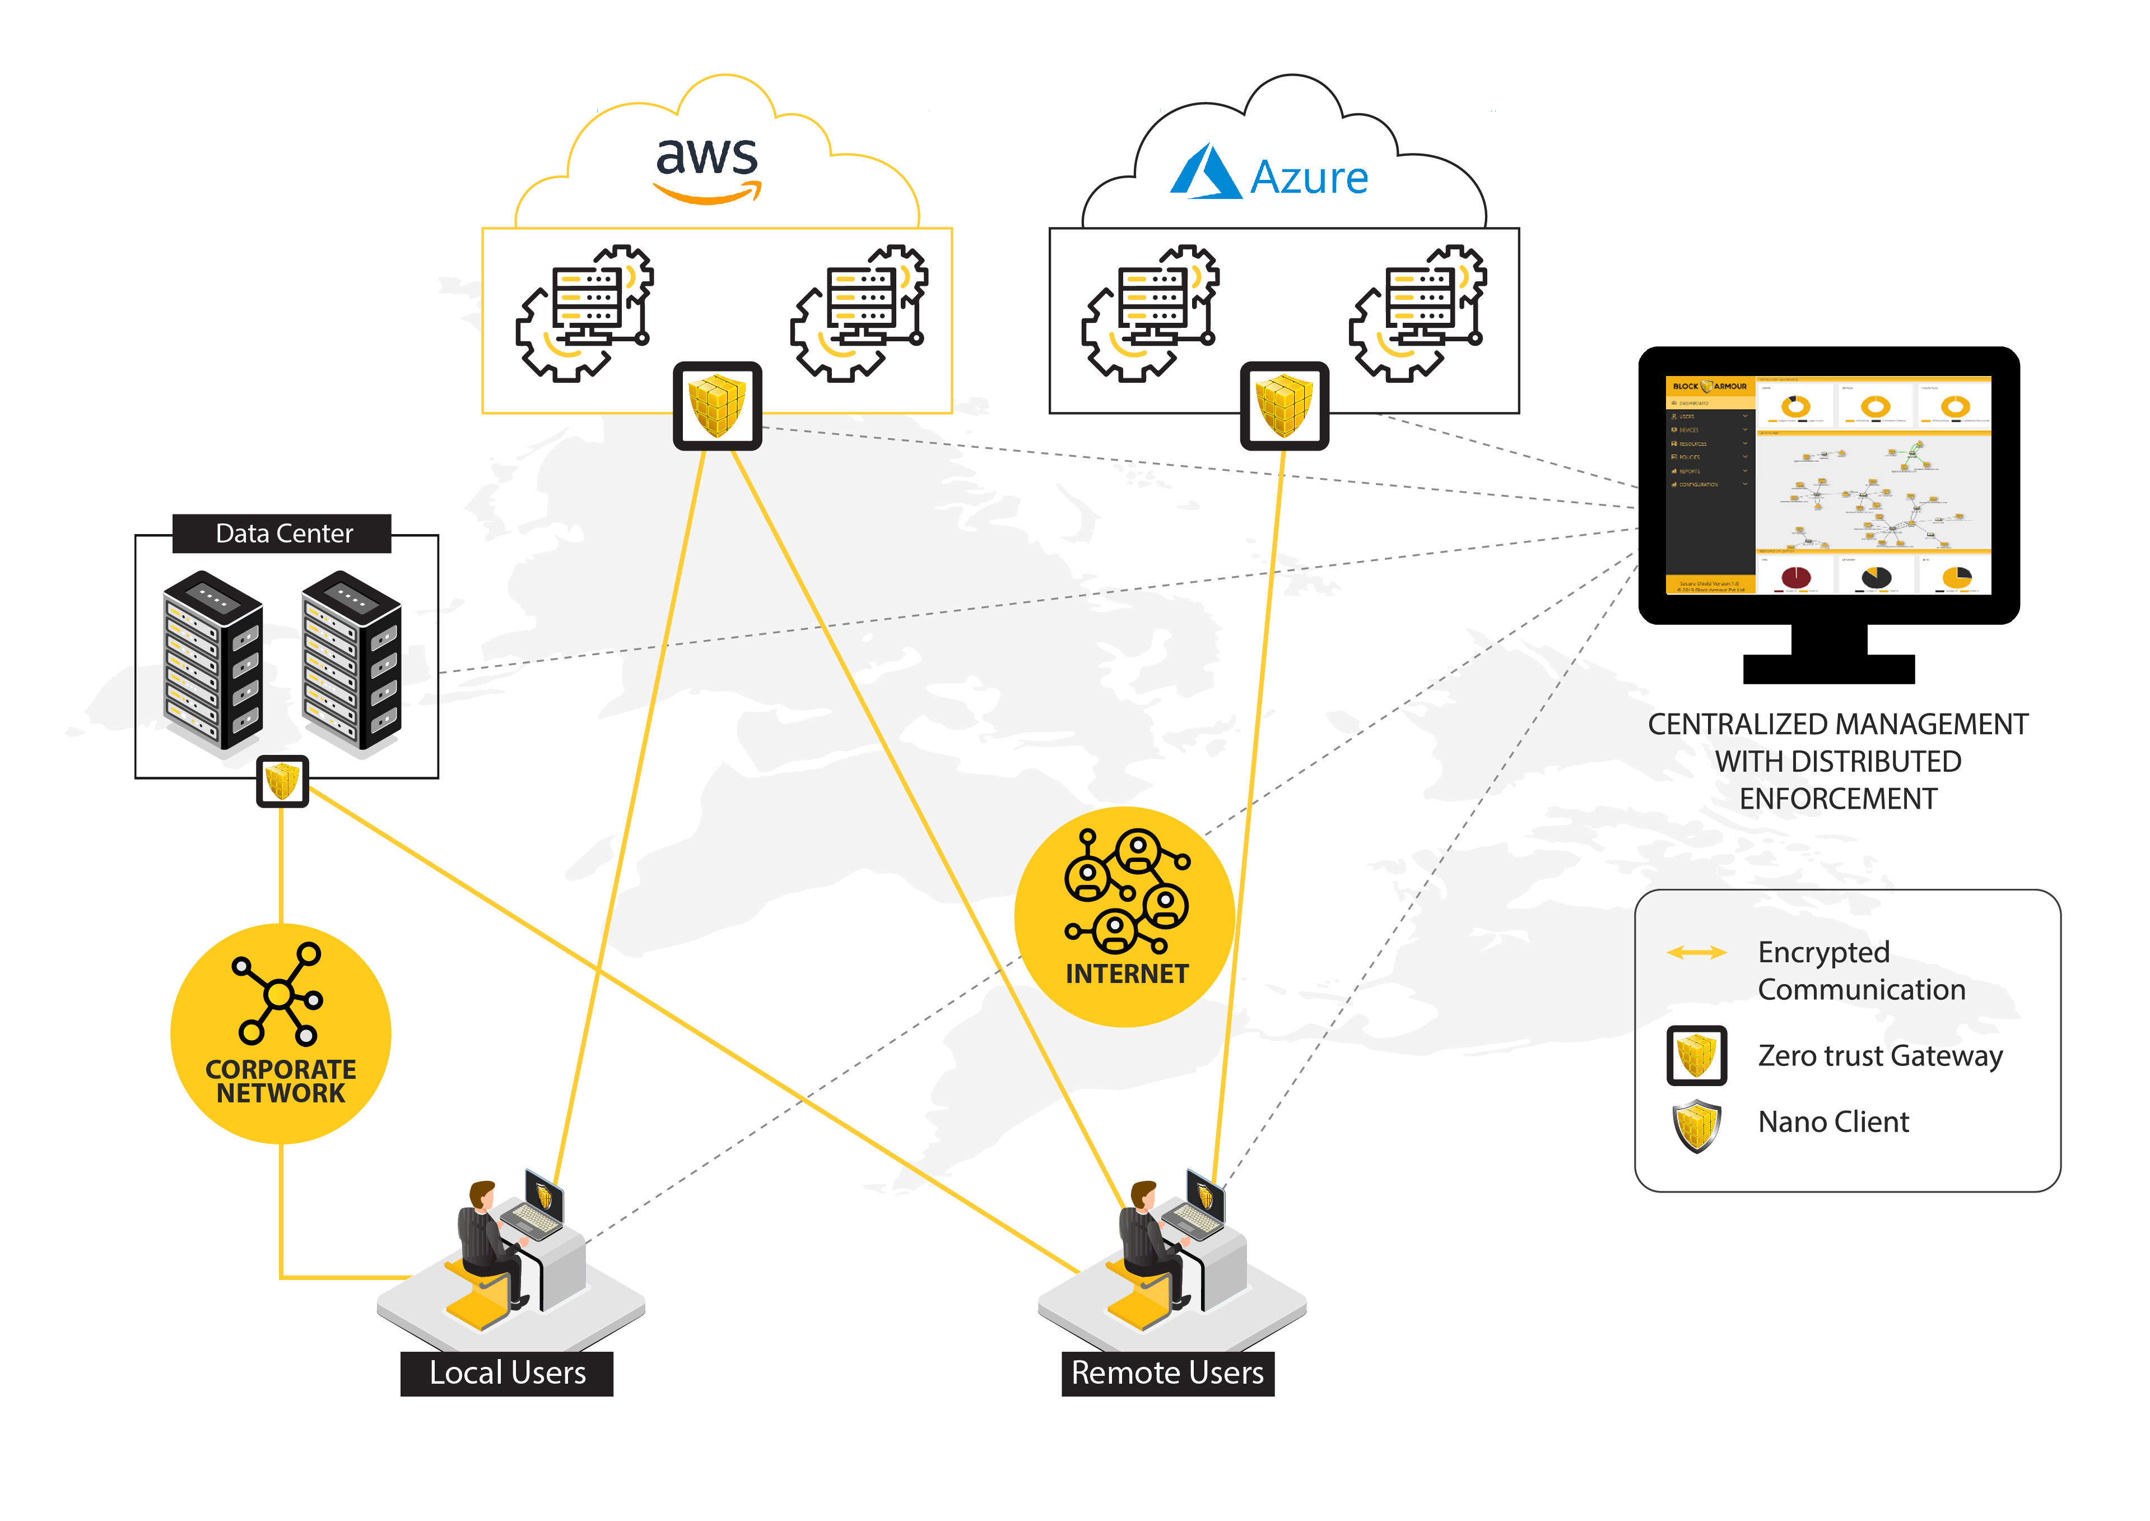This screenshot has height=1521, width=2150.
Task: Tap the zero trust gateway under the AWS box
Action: [x=717, y=406]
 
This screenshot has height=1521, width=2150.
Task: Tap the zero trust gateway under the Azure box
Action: [x=1284, y=406]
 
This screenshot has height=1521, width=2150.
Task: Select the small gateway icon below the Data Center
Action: [x=282, y=781]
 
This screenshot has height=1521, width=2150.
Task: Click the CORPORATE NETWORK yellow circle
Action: [x=280, y=1033]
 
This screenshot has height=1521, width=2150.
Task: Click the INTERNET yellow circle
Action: [x=1125, y=916]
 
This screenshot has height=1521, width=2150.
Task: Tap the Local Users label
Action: [x=506, y=1373]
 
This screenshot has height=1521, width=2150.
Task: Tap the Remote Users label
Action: [x=1167, y=1373]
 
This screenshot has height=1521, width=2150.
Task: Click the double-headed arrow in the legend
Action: [x=1696, y=953]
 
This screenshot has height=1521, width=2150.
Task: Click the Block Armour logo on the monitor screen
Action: [x=1709, y=386]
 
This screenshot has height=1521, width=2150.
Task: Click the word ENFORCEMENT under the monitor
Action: [x=1837, y=799]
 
